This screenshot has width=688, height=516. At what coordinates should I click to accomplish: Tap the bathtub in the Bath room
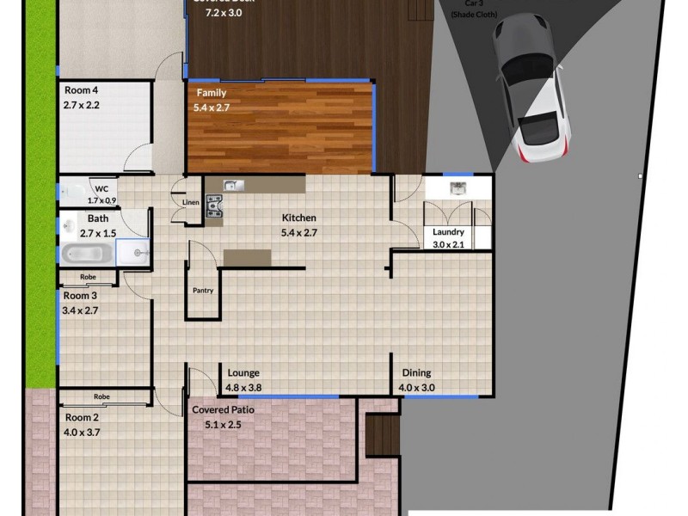tap(87, 254)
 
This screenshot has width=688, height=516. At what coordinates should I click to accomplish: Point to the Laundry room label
tap(448, 232)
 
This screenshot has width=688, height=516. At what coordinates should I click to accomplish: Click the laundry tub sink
tap(457, 188)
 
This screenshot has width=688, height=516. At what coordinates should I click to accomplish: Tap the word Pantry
tap(203, 291)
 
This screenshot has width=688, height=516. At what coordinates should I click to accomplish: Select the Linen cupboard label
tap(190, 203)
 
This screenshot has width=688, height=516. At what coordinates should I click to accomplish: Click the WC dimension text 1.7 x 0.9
tap(101, 200)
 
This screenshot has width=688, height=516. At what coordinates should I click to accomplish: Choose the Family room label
tap(212, 93)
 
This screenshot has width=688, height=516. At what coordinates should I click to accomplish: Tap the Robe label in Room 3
tap(88, 277)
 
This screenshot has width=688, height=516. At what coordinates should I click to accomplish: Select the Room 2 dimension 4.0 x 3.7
tap(82, 433)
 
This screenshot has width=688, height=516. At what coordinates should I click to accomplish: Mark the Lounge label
tap(243, 373)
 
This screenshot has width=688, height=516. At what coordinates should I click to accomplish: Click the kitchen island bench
tap(247, 257)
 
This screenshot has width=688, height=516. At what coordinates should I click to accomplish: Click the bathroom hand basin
tap(68, 226)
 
